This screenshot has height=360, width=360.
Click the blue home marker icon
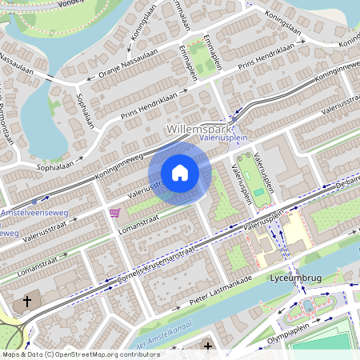pos(180,173)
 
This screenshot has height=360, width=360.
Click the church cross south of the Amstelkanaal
pos(208,346)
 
